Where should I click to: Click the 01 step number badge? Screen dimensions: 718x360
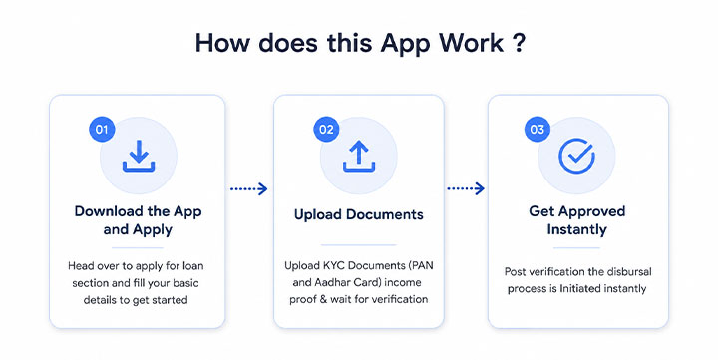[x=102, y=130]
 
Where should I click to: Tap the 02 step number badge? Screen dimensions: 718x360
[x=326, y=130]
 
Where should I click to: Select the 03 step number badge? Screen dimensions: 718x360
[x=538, y=130]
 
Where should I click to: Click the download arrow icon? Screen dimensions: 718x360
[x=139, y=156]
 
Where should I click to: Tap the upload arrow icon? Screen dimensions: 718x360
[x=359, y=156]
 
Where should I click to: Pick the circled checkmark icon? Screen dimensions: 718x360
[x=576, y=156]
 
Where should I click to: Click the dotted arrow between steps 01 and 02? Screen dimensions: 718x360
[x=248, y=188]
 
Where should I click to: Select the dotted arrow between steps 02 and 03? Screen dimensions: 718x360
[x=466, y=188]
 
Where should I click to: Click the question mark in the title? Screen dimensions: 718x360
[x=519, y=43]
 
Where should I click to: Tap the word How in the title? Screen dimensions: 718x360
[x=223, y=43]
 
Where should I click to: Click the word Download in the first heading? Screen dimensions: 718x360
[x=109, y=211]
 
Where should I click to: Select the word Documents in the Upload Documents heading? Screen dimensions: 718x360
[x=385, y=214]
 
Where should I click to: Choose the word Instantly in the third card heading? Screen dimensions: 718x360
[x=577, y=229]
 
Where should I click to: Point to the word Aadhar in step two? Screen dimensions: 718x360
[x=331, y=282]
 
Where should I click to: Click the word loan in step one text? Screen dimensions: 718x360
[x=193, y=266]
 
